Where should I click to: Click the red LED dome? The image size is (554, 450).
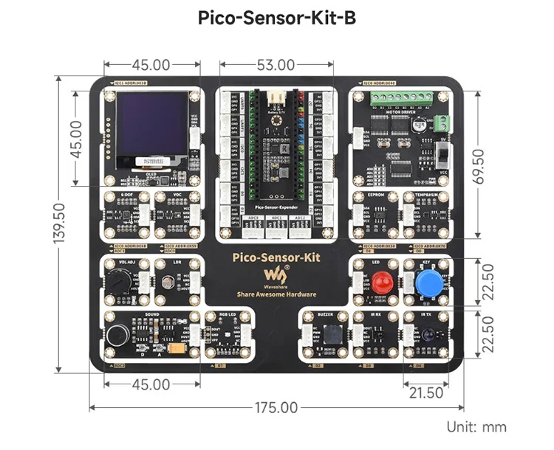(x=381, y=283)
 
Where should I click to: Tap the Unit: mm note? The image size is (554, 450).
(x=477, y=427)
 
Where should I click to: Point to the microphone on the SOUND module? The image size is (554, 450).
(x=116, y=336)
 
